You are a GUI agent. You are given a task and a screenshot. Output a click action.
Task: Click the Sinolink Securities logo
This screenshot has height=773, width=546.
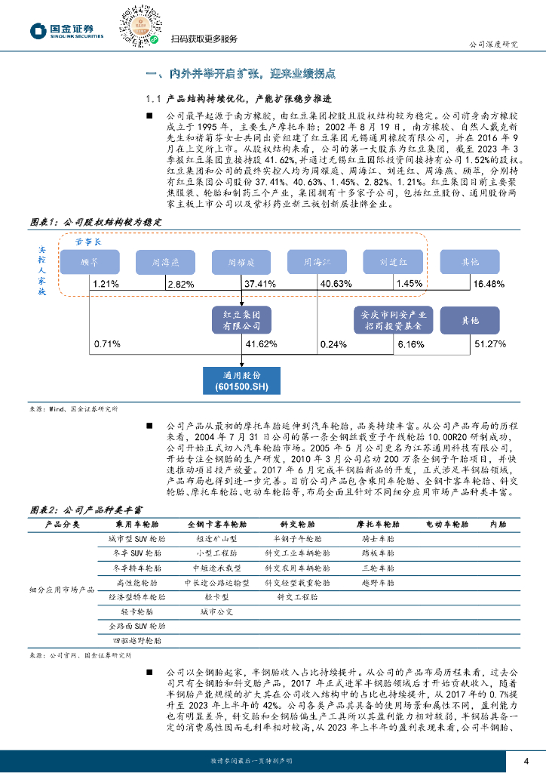[x=66, y=30]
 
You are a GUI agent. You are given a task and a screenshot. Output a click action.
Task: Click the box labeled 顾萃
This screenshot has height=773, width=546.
[x=90, y=262]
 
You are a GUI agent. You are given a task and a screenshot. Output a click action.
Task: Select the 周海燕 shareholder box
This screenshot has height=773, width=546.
[x=165, y=262]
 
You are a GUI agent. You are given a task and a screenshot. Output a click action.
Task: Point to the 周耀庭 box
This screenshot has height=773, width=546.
[x=241, y=262]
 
